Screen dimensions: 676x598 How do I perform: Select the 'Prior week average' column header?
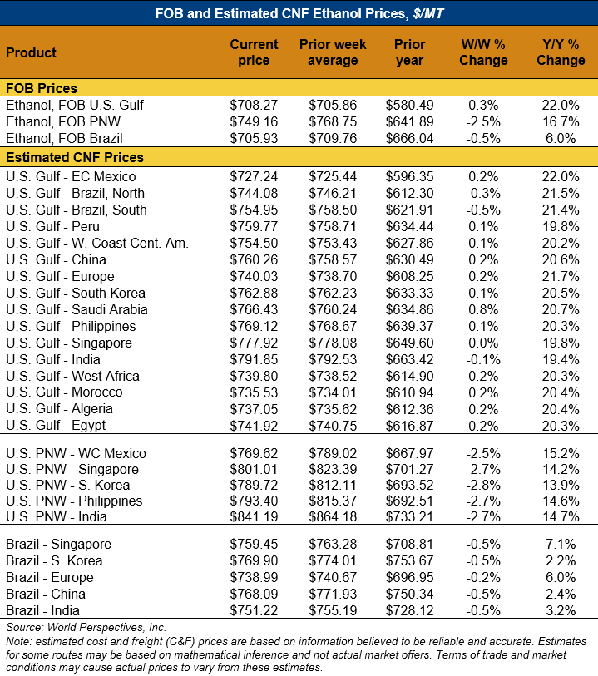tap(333, 52)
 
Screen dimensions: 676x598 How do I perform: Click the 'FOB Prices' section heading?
tap(42, 88)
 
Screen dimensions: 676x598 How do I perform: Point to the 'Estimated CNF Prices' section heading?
tap(75, 157)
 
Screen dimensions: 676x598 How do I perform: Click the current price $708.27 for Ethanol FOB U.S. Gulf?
tap(254, 106)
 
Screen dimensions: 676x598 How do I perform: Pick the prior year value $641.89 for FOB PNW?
tap(409, 122)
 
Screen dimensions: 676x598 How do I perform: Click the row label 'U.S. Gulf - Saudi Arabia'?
tap(77, 309)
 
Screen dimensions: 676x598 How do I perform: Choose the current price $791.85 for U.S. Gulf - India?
tap(254, 359)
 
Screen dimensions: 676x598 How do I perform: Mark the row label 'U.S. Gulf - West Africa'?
tap(73, 376)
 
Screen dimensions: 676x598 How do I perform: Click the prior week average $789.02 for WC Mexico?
tap(333, 453)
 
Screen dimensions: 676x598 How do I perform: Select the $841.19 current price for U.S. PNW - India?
tap(254, 516)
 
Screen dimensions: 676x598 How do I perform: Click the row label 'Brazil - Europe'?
tap(50, 577)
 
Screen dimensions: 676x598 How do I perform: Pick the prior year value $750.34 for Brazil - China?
tap(409, 594)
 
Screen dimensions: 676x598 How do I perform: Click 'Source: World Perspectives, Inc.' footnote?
tap(86, 627)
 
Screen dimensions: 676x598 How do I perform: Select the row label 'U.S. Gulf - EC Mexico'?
tap(71, 176)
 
